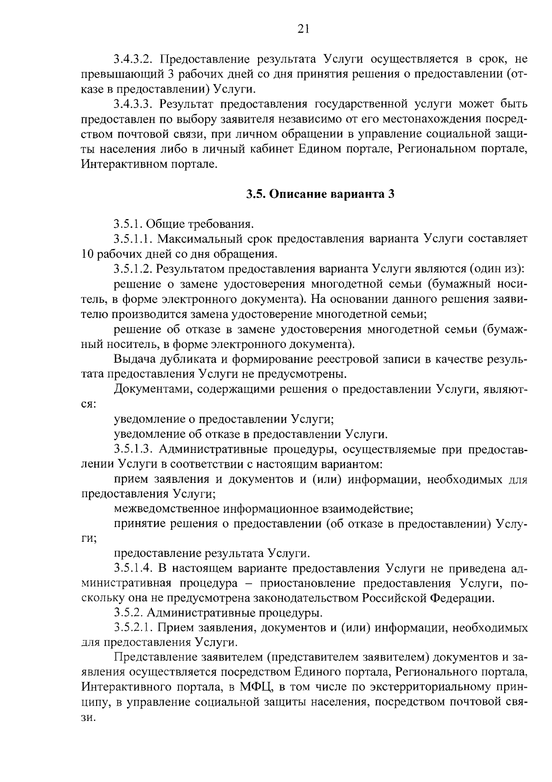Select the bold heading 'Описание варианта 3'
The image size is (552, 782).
(x=332, y=194)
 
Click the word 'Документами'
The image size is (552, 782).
(x=152, y=389)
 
